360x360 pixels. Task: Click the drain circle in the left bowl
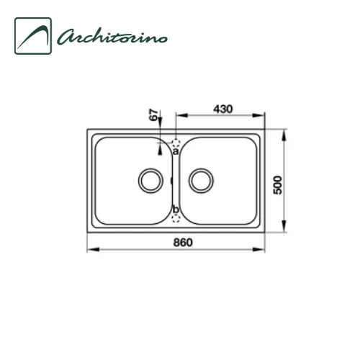[x=150, y=179]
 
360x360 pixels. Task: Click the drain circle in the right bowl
[x=202, y=179]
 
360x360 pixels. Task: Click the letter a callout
[x=176, y=150]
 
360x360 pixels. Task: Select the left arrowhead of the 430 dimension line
[x=179, y=114]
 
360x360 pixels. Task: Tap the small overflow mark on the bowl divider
[x=172, y=180]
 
